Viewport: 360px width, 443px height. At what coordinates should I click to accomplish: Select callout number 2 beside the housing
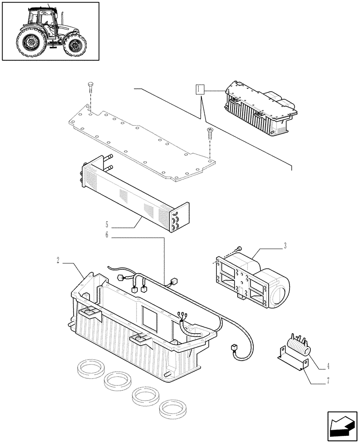tap(59, 260)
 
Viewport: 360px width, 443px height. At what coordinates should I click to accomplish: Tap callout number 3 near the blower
tap(285, 245)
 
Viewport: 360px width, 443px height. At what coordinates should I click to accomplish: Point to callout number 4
tap(328, 367)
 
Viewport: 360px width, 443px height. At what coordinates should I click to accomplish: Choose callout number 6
tap(106, 235)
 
